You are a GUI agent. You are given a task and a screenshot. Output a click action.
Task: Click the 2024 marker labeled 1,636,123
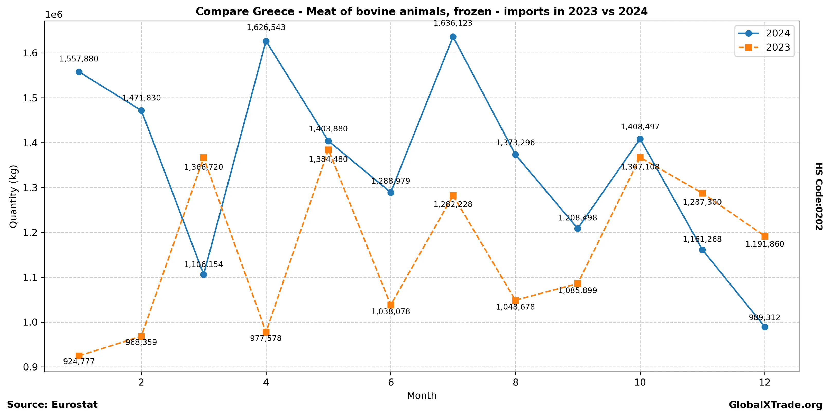pyautogui.click(x=453, y=37)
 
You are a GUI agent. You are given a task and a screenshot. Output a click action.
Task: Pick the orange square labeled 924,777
pyautogui.click(x=79, y=356)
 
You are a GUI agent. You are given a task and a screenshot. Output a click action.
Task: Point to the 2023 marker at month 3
pyautogui.click(x=204, y=158)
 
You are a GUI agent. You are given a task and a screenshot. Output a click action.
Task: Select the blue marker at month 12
pyautogui.click(x=765, y=327)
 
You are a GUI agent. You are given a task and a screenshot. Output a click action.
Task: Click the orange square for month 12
pyautogui.click(x=765, y=236)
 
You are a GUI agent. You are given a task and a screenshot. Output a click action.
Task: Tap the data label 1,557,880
pyautogui.click(x=79, y=59)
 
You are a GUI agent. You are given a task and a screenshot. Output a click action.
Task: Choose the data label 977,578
pyautogui.click(x=266, y=338)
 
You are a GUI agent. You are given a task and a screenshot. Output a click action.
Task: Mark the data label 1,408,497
pyautogui.click(x=640, y=127)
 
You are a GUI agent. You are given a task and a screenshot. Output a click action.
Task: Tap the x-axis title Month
pyautogui.click(x=422, y=396)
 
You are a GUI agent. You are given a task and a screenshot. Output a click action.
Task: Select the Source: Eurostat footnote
pyautogui.click(x=52, y=405)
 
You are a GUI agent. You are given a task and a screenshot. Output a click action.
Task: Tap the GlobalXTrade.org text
pyautogui.click(x=776, y=405)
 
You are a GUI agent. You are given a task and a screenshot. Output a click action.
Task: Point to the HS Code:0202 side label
pyautogui.click(x=819, y=196)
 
